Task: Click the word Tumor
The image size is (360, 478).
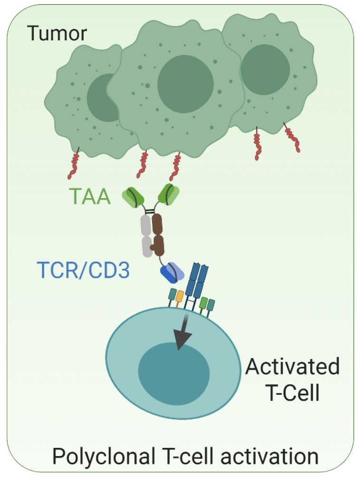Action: coord(57,33)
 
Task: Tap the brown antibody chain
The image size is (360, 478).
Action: coord(158,235)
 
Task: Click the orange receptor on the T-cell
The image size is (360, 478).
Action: coord(180,296)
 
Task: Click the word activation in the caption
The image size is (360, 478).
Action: coord(272,457)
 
